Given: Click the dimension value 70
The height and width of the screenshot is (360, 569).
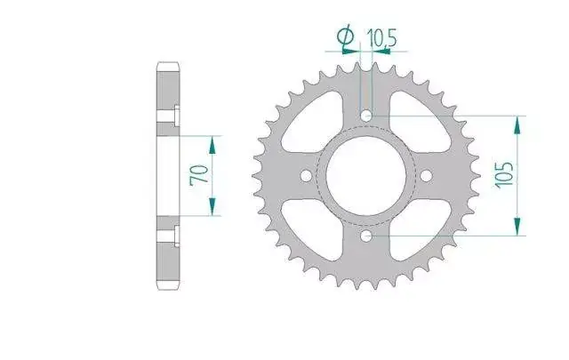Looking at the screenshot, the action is coord(199,175).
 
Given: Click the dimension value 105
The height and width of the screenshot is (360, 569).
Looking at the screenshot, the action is coord(504,175).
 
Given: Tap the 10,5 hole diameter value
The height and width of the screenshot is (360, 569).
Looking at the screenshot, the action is coord(381,38).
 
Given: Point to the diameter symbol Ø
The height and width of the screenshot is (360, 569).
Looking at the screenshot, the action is coord(346,36).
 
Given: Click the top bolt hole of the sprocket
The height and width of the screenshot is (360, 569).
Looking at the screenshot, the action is coord(366,116).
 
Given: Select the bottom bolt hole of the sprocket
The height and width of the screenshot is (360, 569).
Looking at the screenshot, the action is coord(366,236).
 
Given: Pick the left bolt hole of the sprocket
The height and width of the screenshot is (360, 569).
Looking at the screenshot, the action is coord(307,176).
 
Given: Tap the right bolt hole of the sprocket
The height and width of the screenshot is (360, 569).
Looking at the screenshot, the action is coord(426,176).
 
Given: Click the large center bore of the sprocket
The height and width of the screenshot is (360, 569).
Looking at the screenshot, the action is coord(366,176).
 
